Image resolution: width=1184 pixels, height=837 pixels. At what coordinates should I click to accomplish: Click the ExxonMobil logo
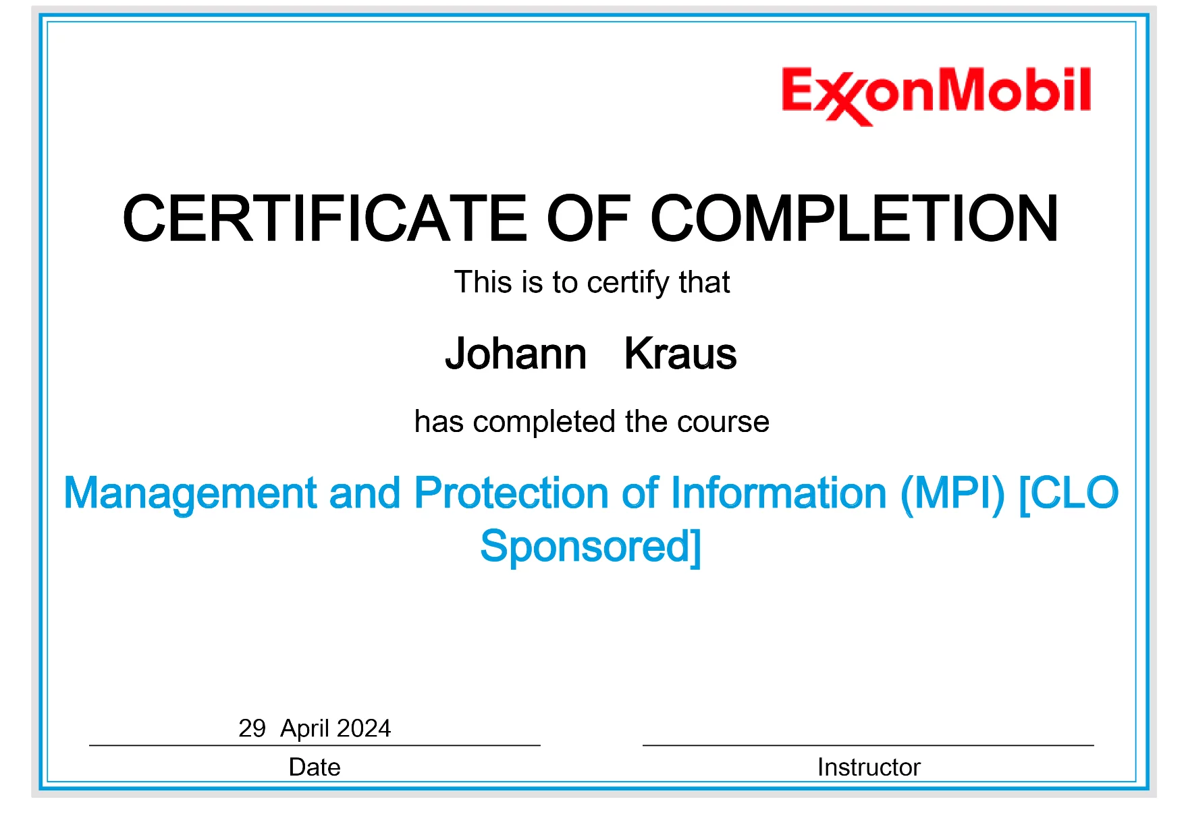[x=936, y=95]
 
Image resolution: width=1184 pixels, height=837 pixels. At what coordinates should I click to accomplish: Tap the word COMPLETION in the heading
[x=855, y=218]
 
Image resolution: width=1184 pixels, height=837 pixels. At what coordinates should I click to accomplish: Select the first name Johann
[x=516, y=353]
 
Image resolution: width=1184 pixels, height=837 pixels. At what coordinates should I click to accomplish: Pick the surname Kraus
[x=680, y=353]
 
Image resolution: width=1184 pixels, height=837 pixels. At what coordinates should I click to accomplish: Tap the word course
[x=723, y=423]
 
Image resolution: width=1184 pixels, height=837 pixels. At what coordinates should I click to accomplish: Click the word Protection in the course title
[x=511, y=493]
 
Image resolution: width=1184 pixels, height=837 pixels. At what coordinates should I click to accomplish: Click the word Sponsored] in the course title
[x=591, y=547]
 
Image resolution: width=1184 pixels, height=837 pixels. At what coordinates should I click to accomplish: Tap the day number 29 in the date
[x=252, y=728]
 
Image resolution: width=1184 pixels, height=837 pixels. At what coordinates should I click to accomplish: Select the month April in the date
[x=305, y=729]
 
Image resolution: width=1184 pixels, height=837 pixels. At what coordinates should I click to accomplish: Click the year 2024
[x=364, y=728]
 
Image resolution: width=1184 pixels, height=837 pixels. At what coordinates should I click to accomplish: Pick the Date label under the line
[x=315, y=767]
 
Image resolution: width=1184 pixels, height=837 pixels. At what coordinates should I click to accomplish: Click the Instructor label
[x=869, y=767]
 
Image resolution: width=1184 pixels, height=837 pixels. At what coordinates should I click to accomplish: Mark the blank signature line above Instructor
[x=868, y=745]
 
